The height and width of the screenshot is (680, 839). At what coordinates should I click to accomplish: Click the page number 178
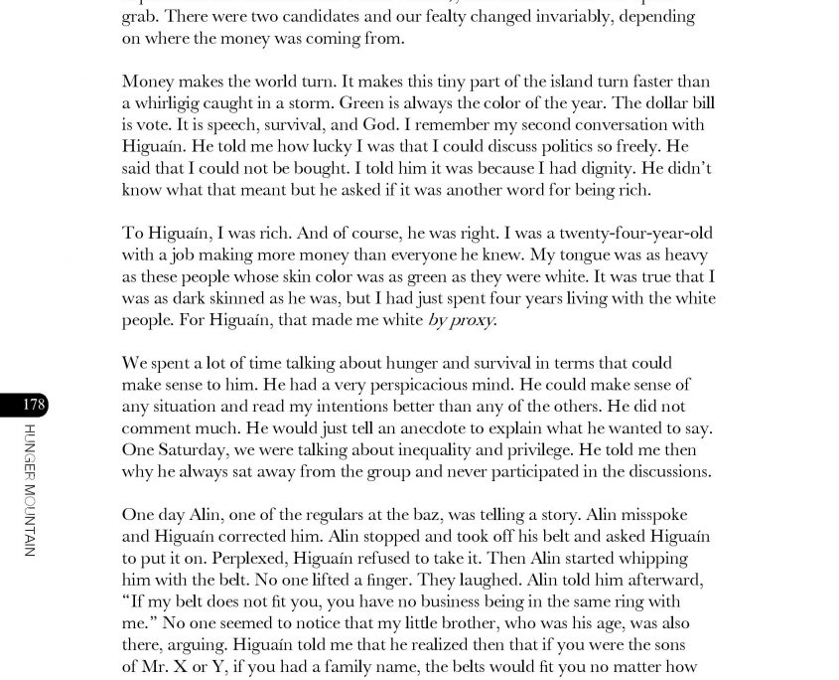(33, 405)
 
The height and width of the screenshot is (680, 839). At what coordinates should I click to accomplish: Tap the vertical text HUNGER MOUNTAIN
(30, 489)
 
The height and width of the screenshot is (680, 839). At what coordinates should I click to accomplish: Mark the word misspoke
(656, 514)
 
